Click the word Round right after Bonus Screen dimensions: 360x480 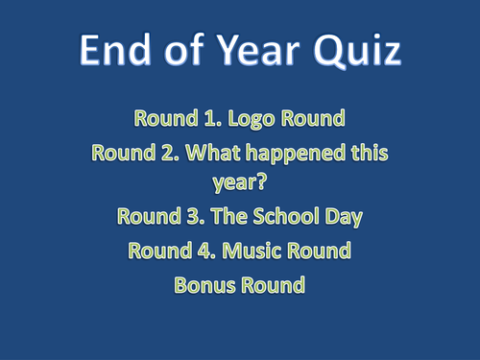(x=274, y=285)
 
